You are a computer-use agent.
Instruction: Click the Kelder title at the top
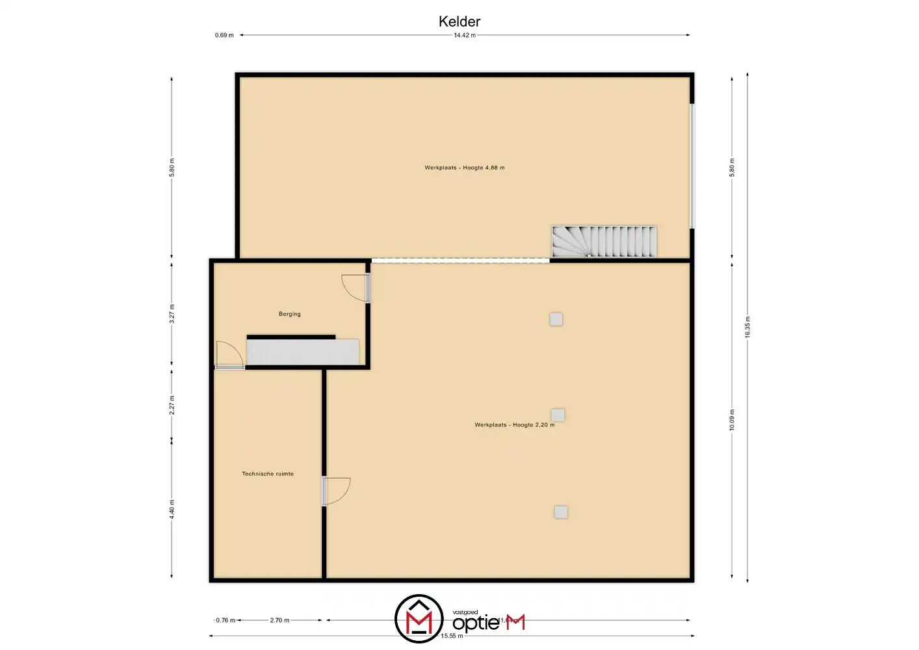tap(459, 21)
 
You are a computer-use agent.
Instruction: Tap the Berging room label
tap(290, 314)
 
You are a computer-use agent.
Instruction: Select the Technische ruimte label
tap(268, 474)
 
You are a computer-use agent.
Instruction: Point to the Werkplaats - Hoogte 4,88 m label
tap(465, 168)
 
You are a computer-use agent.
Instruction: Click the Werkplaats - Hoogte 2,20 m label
tap(514, 425)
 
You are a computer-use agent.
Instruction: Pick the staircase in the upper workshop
tap(604, 242)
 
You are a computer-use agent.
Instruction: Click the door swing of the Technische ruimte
tap(337, 491)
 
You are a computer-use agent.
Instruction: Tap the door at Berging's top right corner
tap(355, 287)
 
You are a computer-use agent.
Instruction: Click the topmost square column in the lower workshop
tap(556, 319)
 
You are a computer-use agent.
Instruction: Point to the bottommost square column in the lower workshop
tap(561, 512)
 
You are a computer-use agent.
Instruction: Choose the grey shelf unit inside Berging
tap(302, 352)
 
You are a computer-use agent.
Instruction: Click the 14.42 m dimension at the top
tap(465, 35)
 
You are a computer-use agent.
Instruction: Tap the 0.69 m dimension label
tap(224, 35)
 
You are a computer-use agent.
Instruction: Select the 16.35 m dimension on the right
tap(747, 327)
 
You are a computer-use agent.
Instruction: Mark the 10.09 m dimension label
tap(732, 420)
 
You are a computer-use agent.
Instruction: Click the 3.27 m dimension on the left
tap(172, 314)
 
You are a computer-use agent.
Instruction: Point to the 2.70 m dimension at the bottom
tap(279, 620)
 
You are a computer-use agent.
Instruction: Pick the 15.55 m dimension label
tap(452, 636)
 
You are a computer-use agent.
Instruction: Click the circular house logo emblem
tap(419, 618)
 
